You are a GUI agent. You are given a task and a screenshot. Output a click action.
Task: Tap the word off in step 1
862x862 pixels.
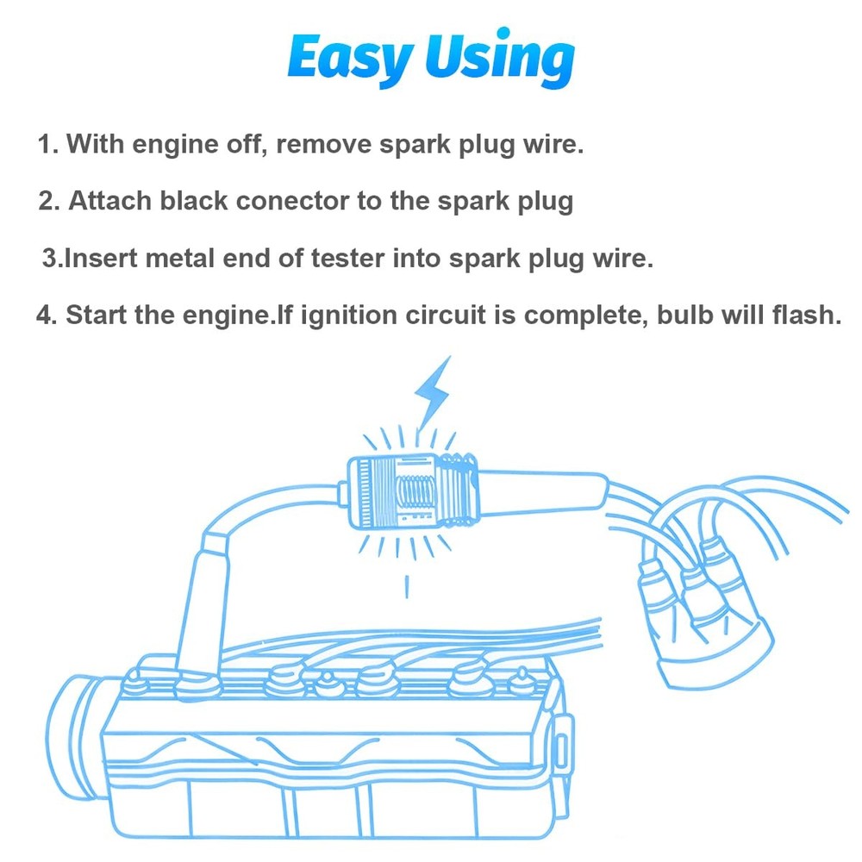247,144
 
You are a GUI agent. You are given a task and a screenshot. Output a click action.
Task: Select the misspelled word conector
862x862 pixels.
293,201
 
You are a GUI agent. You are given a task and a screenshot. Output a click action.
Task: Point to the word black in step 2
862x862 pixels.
193,200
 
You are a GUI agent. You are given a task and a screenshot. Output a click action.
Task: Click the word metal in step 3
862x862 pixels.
179,258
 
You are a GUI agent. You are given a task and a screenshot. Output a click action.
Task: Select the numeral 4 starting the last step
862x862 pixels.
44,315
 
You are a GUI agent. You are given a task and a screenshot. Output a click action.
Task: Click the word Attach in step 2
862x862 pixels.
109,200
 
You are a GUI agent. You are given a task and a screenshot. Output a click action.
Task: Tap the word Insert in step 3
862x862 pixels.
101,258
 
